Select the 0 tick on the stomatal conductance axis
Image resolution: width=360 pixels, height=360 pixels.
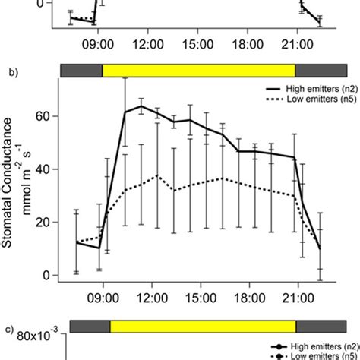(49, 275)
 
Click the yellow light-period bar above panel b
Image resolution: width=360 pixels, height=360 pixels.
(198, 71)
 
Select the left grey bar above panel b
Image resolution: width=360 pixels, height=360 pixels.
(81, 71)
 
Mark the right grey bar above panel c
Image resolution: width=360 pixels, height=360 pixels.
(321, 327)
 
